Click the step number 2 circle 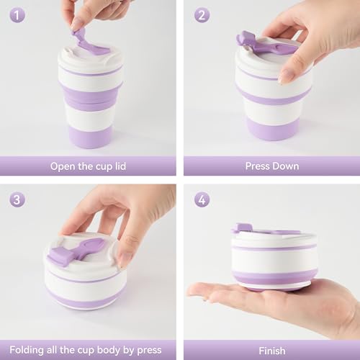click(x=202, y=16)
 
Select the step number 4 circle click(x=202, y=199)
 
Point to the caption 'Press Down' click(x=271, y=166)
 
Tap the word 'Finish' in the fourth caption click(x=271, y=351)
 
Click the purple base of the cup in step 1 click(x=90, y=136)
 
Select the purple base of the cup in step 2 click(x=272, y=128)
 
